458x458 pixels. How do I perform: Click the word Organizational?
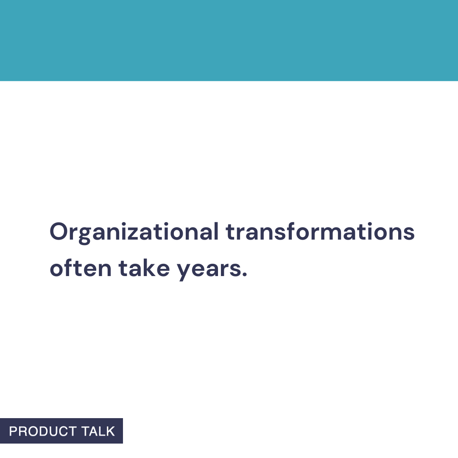pyautogui.click(x=134, y=232)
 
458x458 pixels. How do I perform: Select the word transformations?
pyautogui.click(x=320, y=232)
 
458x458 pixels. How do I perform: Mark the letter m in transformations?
pyautogui.click(x=333, y=233)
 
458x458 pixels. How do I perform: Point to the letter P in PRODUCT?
pyautogui.click(x=13, y=431)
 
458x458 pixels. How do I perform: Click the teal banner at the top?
pyautogui.click(x=229, y=40)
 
